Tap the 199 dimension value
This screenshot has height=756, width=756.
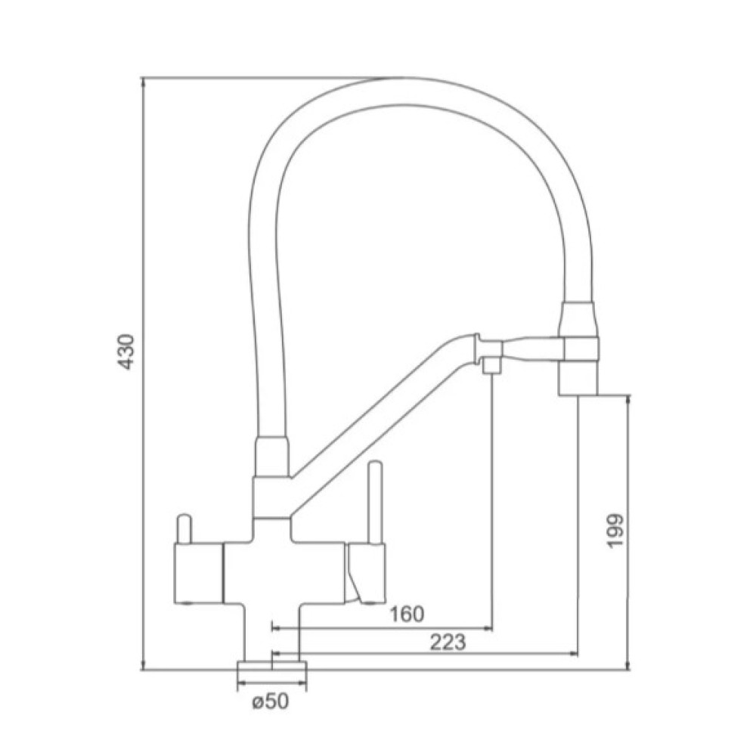615,531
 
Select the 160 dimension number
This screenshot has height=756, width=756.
407,614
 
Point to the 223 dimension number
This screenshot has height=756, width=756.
448,642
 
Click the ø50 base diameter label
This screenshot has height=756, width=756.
270,702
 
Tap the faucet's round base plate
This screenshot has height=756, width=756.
272,669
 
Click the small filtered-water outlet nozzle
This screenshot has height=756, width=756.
491,364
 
